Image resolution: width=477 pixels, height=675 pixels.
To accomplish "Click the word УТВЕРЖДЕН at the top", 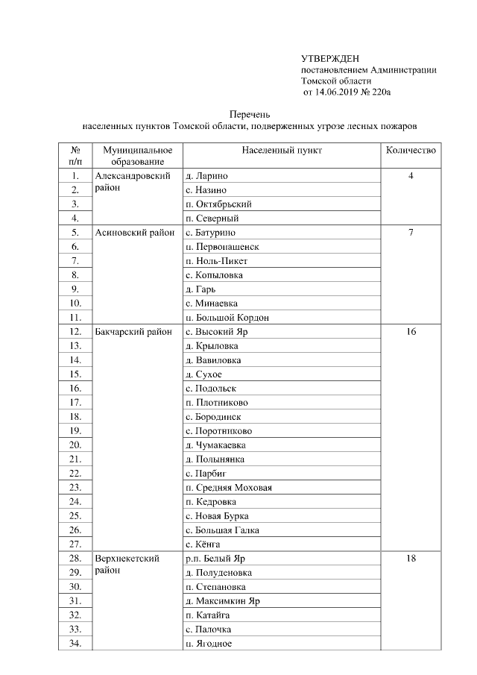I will (x=330, y=58).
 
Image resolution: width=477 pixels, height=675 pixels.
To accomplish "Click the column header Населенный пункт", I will (x=282, y=150).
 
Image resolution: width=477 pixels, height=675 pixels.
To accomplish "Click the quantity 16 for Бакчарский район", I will (x=411, y=331).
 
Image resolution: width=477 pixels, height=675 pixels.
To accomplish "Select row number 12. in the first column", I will (x=75, y=331).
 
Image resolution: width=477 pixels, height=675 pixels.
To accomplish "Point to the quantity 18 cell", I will (x=411, y=559).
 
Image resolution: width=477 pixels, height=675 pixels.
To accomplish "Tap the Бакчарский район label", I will (x=134, y=331).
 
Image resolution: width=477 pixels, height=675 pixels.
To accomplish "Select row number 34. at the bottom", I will (x=75, y=644).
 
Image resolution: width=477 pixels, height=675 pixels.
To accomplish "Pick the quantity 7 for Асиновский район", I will (x=411, y=233).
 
